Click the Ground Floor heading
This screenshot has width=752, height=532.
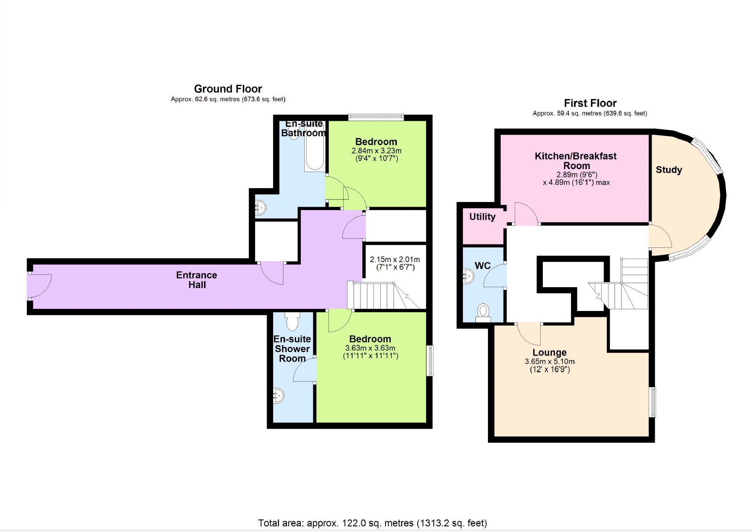click(228, 89)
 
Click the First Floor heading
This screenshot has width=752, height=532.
click(590, 103)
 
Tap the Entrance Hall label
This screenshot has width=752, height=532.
click(197, 280)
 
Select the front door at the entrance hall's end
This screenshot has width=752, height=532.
click(39, 286)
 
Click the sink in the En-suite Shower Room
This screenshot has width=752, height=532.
click(279, 395)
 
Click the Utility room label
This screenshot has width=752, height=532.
click(482, 217)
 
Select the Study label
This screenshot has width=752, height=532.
click(669, 170)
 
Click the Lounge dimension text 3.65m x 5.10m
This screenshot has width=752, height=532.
click(550, 362)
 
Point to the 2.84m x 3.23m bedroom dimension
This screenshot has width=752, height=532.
click(376, 151)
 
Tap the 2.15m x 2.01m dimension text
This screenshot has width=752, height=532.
click(395, 260)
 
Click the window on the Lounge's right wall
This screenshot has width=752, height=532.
click(653, 402)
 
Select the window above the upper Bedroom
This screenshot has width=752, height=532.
click(376, 116)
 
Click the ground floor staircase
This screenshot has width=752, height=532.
click(380, 296)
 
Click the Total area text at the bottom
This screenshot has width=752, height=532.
click(372, 523)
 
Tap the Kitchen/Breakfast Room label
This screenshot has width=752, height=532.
click(576, 161)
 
